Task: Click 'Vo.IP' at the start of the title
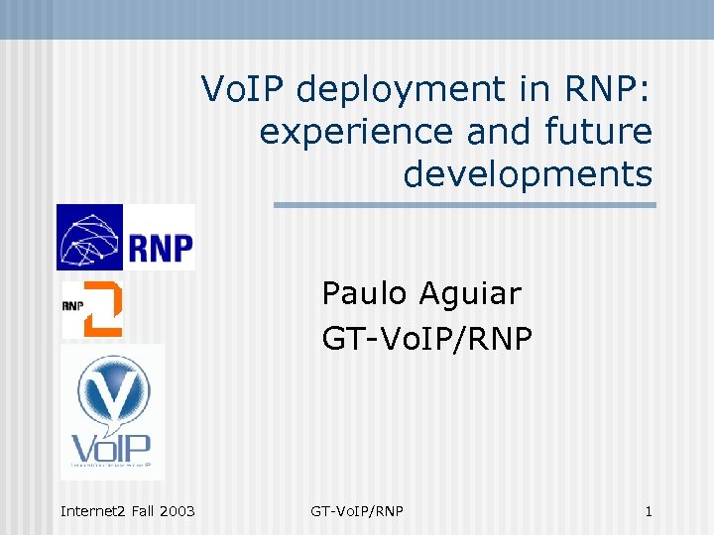click(x=243, y=90)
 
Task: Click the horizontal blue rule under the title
click(x=464, y=205)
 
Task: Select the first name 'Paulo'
click(x=365, y=293)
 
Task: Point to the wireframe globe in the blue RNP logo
click(x=90, y=238)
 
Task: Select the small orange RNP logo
click(x=92, y=308)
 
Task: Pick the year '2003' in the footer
click(x=176, y=511)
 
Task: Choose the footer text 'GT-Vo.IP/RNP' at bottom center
click(x=357, y=511)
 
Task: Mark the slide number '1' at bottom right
click(x=649, y=511)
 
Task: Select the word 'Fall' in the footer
click(x=139, y=511)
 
